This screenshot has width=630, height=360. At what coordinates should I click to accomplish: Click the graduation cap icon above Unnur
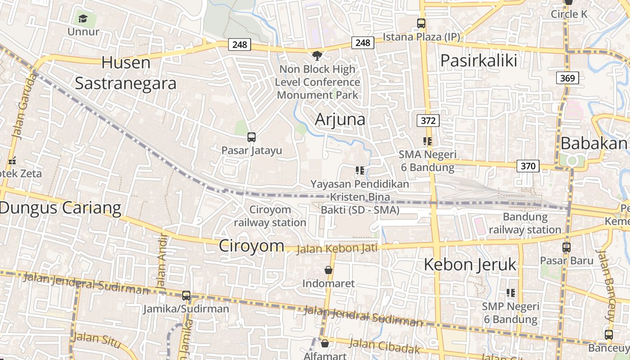click(82, 18)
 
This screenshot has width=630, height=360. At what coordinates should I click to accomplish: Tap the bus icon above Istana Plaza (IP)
click(421, 23)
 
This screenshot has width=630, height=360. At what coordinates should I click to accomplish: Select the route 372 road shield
click(427, 121)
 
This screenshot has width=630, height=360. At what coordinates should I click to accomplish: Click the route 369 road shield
click(567, 78)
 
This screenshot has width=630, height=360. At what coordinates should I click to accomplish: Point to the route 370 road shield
click(527, 166)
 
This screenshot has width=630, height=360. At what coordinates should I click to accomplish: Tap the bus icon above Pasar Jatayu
click(252, 137)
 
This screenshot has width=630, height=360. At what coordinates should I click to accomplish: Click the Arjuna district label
click(340, 119)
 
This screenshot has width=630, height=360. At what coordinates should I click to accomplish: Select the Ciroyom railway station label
click(270, 216)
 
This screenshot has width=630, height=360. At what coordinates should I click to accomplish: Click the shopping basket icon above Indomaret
click(328, 270)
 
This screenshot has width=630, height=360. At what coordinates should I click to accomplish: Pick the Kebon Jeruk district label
click(470, 265)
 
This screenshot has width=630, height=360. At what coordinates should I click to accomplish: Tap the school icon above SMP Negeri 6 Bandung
click(510, 293)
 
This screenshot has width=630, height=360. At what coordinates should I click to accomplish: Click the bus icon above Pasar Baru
click(566, 247)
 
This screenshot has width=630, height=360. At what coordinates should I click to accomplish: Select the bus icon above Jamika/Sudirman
click(186, 296)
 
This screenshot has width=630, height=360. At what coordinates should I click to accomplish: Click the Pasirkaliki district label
click(478, 60)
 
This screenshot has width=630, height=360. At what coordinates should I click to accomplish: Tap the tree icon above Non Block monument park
click(317, 56)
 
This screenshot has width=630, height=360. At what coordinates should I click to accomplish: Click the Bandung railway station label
click(525, 223)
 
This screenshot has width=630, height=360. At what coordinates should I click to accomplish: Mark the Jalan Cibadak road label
click(385, 346)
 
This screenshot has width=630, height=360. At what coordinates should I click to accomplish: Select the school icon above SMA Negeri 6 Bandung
click(427, 141)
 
